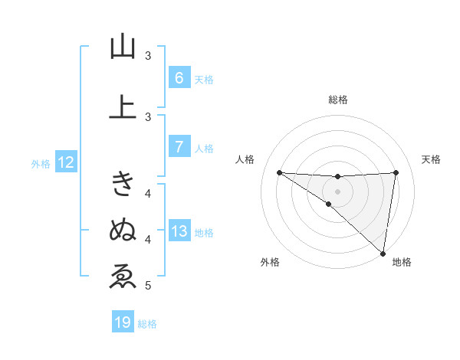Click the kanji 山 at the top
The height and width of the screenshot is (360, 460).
(x=123, y=47)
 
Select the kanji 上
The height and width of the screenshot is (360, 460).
(x=123, y=106)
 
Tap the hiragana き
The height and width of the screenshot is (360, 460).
(x=123, y=183)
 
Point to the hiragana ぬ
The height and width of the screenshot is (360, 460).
(x=123, y=229)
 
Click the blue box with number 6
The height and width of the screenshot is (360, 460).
(x=179, y=78)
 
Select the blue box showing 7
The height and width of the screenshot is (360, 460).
(x=179, y=147)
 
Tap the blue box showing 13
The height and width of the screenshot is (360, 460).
(x=179, y=231)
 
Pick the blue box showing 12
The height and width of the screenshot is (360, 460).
(x=65, y=162)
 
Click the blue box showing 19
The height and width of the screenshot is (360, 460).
(x=123, y=322)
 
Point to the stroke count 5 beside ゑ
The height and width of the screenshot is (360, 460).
(x=148, y=286)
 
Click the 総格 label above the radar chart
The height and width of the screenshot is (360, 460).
(x=338, y=100)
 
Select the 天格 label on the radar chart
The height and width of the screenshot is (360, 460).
(x=432, y=159)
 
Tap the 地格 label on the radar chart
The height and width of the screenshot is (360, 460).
(x=402, y=263)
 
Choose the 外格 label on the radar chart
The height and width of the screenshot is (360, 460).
(x=270, y=263)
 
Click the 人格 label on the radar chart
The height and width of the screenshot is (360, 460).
(x=245, y=159)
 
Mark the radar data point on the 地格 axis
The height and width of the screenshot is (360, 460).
(x=383, y=253)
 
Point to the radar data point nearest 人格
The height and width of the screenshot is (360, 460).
(x=279, y=172)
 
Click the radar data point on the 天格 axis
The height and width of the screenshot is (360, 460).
(x=396, y=172)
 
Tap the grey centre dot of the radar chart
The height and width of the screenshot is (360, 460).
(x=338, y=191)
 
